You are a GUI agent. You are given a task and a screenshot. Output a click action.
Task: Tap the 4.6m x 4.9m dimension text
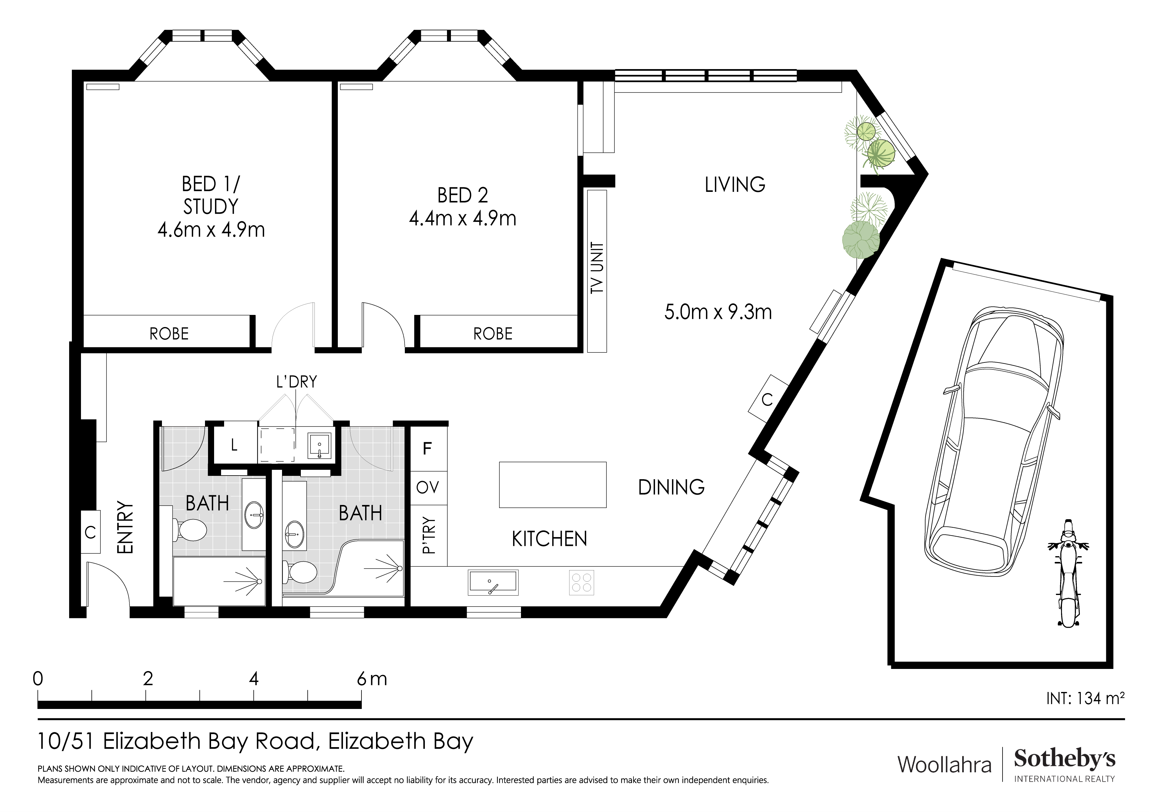pyautogui.click(x=211, y=230)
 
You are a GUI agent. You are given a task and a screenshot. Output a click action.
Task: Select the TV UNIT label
pyautogui.click(x=597, y=268)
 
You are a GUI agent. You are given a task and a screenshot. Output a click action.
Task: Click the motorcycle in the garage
pyautogui.click(x=1068, y=573)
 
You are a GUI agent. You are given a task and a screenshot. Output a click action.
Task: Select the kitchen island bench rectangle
pyautogui.click(x=553, y=484)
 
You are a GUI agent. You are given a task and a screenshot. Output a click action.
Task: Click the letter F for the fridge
pyautogui.click(x=427, y=449)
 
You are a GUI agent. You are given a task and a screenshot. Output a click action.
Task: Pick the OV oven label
pyautogui.click(x=427, y=487)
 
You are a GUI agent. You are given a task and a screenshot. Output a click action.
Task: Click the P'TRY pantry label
pyautogui.click(x=429, y=536)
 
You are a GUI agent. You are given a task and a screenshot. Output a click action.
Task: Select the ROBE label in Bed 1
pyautogui.click(x=169, y=334)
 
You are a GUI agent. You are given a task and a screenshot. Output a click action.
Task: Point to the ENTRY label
pyautogui.click(x=125, y=527)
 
